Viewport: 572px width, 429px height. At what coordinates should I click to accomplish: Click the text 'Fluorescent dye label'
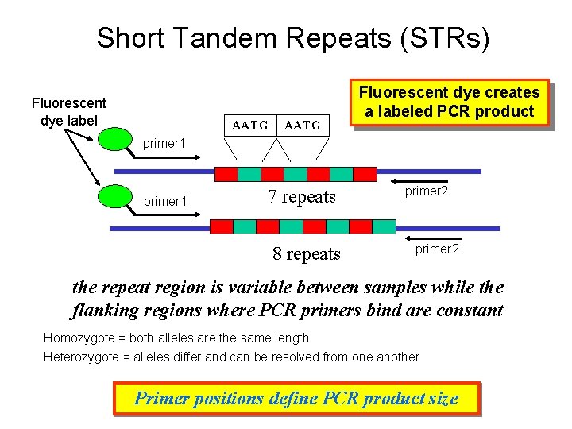(68, 112)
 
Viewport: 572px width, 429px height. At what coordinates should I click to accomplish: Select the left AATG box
(249, 125)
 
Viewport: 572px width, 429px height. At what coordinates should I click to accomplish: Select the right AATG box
(302, 125)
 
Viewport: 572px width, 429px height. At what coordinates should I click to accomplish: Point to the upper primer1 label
(164, 144)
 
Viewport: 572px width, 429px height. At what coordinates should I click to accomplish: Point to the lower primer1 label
(164, 202)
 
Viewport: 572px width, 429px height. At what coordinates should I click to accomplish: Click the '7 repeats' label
(302, 197)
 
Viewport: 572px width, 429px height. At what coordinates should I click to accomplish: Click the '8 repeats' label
(306, 254)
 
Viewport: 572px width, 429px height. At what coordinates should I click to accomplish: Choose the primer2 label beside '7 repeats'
(427, 191)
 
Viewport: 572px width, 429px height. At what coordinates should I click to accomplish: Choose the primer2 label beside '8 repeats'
(436, 249)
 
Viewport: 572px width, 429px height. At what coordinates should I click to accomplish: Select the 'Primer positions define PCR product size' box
(296, 398)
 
